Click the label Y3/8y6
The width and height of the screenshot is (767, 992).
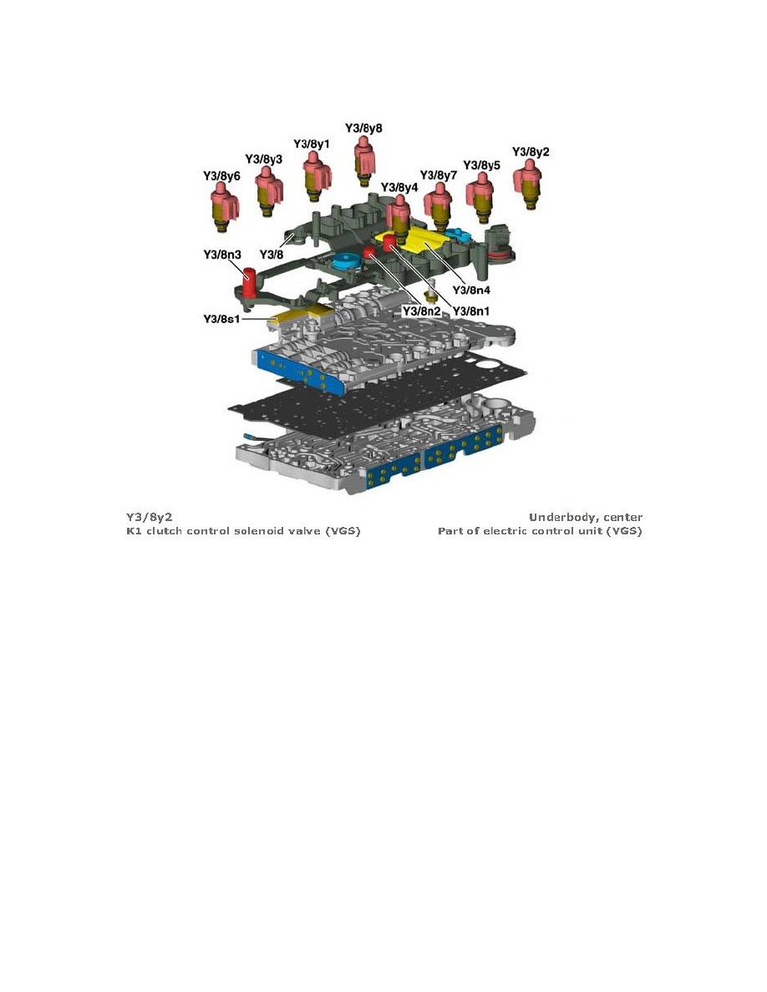click(x=222, y=176)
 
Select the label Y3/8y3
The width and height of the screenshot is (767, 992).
click(x=263, y=159)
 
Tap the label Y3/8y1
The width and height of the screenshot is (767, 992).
click(x=312, y=144)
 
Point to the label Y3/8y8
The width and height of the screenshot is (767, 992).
click(x=363, y=129)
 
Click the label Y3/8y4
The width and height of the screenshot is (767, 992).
click(x=399, y=187)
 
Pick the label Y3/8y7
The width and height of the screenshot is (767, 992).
click(x=439, y=175)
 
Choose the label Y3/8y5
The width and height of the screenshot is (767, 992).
click(x=482, y=165)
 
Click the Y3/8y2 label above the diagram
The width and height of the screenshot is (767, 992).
click(x=531, y=152)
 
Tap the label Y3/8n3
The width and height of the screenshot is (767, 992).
click(x=222, y=254)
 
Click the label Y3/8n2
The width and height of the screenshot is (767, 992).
click(x=421, y=311)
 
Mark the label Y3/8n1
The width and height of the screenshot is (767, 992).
click(x=471, y=311)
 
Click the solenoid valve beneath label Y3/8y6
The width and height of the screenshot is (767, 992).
click(x=223, y=209)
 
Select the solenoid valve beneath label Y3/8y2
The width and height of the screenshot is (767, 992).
click(x=528, y=185)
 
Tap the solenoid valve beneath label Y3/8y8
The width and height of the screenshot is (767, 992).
click(x=363, y=160)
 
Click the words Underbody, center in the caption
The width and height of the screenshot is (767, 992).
click(x=585, y=518)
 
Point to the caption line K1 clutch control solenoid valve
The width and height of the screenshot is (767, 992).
click(x=243, y=532)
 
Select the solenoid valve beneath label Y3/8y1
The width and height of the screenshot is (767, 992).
click(x=314, y=175)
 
